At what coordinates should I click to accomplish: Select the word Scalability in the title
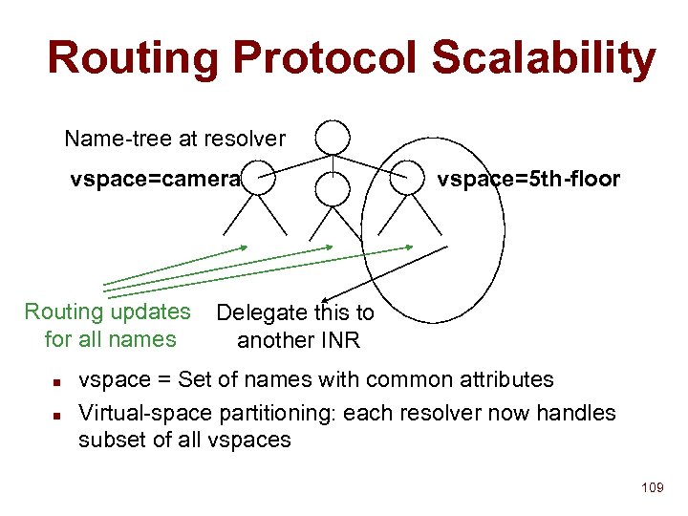point(544,58)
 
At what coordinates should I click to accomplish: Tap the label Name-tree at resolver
point(175,139)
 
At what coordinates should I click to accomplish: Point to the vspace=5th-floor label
point(528,179)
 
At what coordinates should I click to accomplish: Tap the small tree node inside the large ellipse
point(413,174)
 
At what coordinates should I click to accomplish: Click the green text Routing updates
point(107,312)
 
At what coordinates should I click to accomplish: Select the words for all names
point(110,339)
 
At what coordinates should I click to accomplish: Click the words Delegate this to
point(295,312)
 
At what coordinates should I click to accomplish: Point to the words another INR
point(298,340)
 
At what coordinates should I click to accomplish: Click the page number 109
point(653,488)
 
